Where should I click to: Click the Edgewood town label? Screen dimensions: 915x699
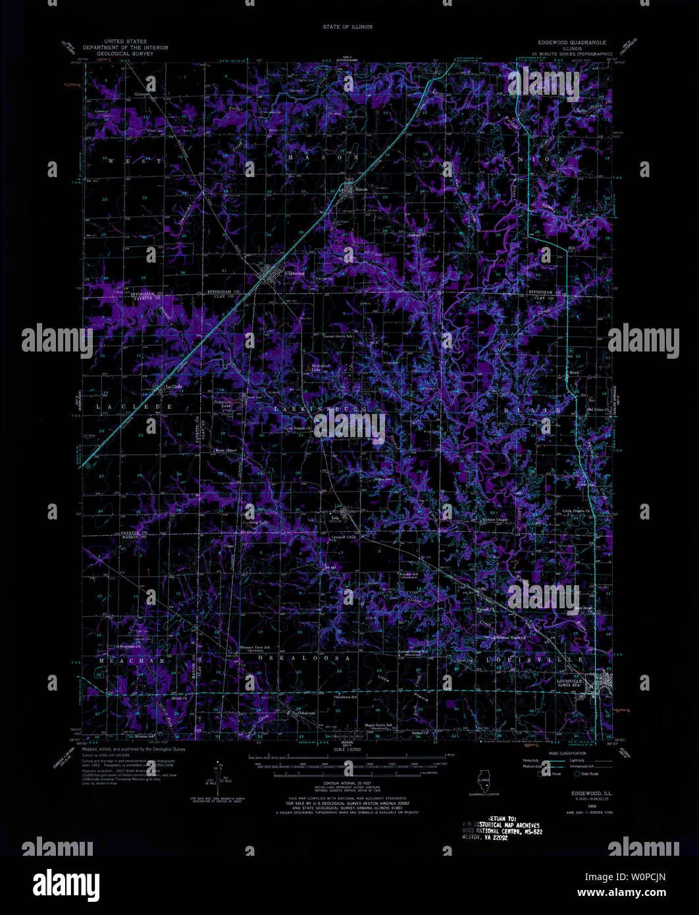[x=294, y=273]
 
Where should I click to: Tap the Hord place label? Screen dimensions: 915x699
[x=573, y=373]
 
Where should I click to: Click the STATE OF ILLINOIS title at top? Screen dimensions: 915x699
[x=348, y=27]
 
